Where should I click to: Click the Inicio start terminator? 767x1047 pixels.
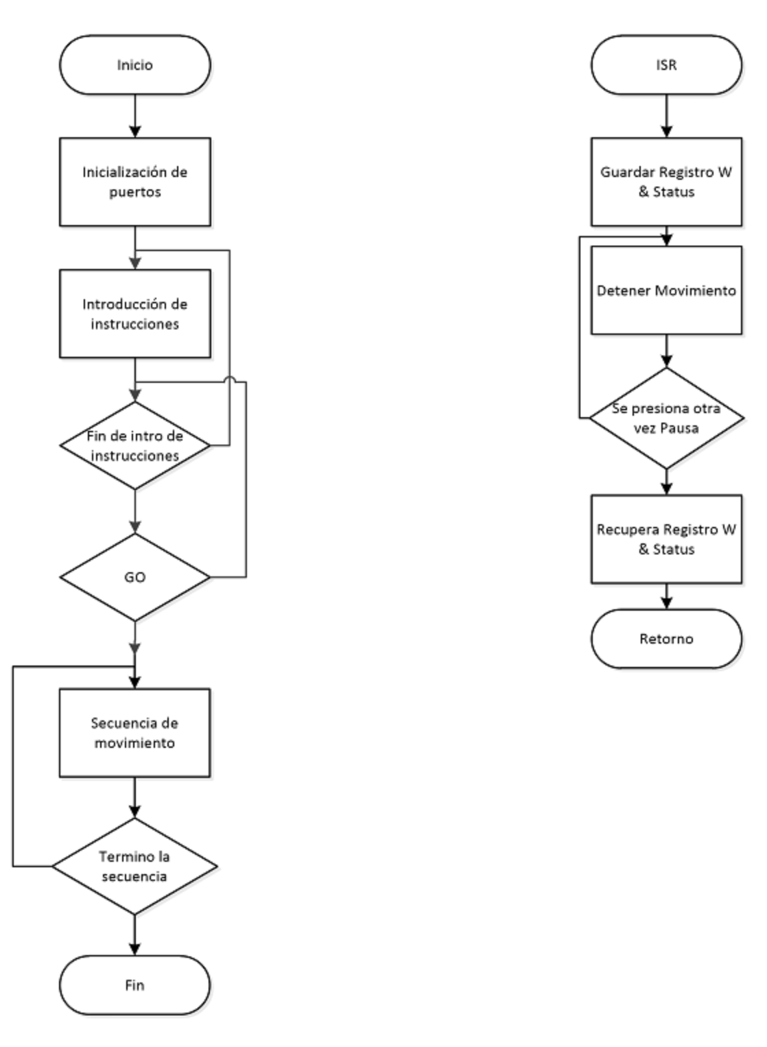click(135, 64)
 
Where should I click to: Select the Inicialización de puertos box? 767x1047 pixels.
click(135, 182)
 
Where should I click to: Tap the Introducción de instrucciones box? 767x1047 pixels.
click(135, 314)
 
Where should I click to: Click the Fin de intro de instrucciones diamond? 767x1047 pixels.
click(135, 445)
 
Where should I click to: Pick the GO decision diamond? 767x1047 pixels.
click(135, 577)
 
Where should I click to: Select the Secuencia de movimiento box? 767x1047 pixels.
click(134, 733)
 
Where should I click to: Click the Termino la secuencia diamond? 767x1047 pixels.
click(134, 866)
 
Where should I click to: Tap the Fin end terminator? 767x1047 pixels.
click(134, 985)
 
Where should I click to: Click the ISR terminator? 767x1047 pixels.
click(667, 64)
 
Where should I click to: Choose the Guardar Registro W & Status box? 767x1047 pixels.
click(667, 182)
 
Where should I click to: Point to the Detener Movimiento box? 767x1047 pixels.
click(667, 290)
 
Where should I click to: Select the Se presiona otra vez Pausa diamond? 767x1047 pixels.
click(667, 418)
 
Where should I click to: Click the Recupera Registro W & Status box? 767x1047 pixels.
click(667, 539)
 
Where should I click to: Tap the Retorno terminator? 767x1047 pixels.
click(667, 639)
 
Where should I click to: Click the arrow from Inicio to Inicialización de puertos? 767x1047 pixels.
click(135, 116)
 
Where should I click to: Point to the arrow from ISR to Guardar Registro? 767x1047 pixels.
click(667, 116)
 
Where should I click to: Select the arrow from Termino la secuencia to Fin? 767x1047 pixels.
click(134, 934)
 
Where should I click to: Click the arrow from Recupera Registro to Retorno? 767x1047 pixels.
click(667, 596)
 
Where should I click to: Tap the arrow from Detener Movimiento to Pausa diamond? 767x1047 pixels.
click(667, 351)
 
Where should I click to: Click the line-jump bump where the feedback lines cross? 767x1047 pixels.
click(230, 379)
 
